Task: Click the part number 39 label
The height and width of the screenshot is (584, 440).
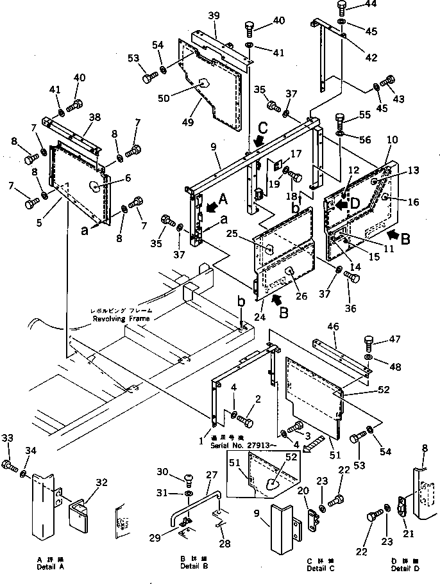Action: coord(214,15)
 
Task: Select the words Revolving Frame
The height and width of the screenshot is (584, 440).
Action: coord(120,318)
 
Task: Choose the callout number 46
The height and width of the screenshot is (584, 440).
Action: coord(333,327)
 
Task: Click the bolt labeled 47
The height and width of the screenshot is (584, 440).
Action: coord(369,342)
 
